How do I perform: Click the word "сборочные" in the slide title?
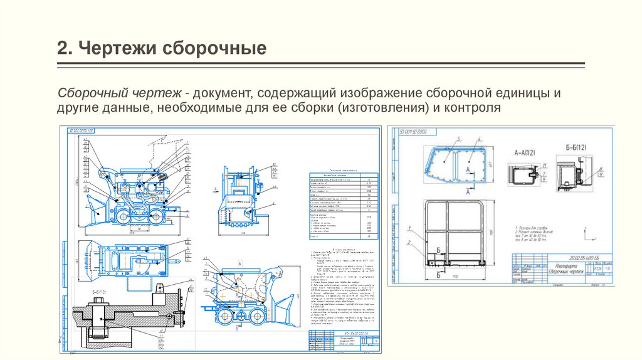pyautogui.click(x=213, y=48)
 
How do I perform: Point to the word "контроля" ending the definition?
pyautogui.click(x=473, y=109)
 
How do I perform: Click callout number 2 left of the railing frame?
pyautogui.click(x=409, y=242)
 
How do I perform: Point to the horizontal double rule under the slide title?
pyautogui.click(x=321, y=64)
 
